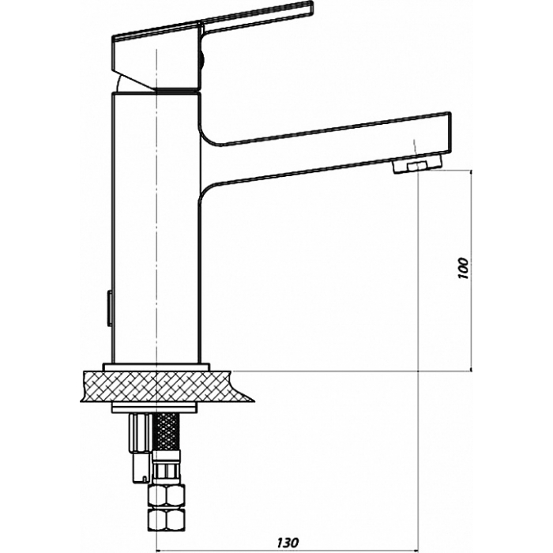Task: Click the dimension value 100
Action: (464, 269)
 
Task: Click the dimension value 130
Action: (288, 542)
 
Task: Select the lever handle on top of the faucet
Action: (213, 46)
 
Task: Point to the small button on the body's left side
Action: (110, 309)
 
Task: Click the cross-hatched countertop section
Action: (166, 386)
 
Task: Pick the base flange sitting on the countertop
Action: (156, 367)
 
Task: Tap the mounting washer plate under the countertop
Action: (155, 408)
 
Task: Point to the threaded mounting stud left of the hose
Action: (141, 448)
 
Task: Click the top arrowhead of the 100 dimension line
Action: (471, 173)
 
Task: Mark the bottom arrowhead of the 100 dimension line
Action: (471, 368)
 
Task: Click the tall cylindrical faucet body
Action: (156, 228)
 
